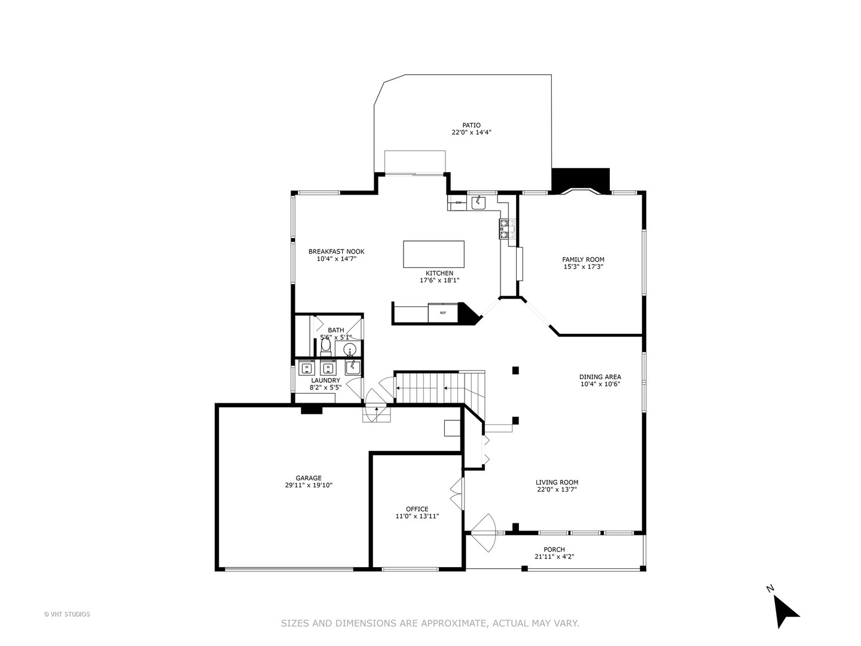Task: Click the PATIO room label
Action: [x=471, y=126]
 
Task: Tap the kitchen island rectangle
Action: [x=433, y=254]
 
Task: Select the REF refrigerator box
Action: [x=443, y=313]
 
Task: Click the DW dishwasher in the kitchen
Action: [x=459, y=203]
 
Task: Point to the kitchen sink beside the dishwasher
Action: [x=478, y=203]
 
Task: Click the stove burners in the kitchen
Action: [x=506, y=229]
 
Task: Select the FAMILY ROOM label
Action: [x=583, y=260]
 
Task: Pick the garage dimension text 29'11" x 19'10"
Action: [x=309, y=486]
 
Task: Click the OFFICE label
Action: [x=417, y=509]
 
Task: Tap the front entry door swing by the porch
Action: [x=484, y=532]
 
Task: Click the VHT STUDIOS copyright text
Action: [x=67, y=614]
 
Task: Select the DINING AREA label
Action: [x=600, y=377]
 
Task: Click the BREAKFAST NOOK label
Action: [x=336, y=251]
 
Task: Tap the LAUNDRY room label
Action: [x=325, y=380]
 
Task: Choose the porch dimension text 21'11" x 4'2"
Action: [x=554, y=557]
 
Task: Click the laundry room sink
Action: [x=353, y=366]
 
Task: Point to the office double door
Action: [x=457, y=493]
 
